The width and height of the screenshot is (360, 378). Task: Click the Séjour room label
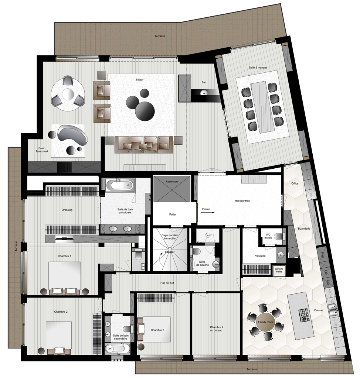140,80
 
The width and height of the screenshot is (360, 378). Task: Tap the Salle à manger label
258,68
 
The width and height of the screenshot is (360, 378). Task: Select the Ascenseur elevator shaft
172,189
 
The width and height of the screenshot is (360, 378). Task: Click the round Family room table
265,322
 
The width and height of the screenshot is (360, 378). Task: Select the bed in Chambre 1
65,278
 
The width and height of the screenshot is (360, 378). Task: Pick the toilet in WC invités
278,236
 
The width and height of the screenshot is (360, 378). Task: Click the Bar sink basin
204,92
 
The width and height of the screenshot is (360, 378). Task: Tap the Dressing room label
67,210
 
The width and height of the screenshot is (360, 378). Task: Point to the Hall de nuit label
167,283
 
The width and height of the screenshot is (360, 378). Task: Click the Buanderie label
304,228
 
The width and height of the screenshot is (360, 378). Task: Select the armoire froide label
279,270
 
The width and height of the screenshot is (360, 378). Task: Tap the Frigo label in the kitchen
322,255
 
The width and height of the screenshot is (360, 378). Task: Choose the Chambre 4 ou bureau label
217,329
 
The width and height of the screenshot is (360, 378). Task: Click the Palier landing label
173,214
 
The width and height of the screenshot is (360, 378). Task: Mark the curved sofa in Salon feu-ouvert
72,135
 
